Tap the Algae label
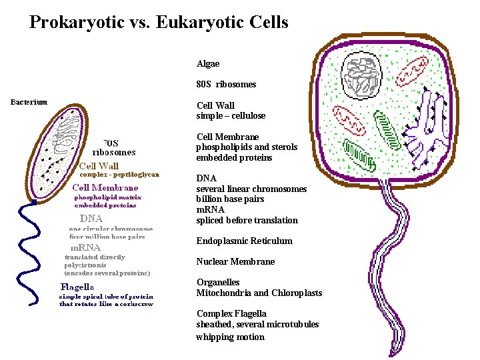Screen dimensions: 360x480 (x=208, y=64)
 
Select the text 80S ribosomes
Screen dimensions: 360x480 (x=226, y=85)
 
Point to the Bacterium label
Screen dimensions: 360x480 (x=29, y=102)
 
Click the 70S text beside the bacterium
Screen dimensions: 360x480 (x=111, y=143)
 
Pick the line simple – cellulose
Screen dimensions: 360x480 (x=231, y=116)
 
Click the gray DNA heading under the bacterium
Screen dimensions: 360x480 (x=91, y=218)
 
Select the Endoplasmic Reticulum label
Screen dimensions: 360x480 (x=244, y=241)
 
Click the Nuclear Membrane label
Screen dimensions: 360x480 (x=235, y=261)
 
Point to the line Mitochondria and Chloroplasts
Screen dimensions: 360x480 (x=259, y=293)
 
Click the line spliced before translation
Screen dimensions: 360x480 (x=247, y=220)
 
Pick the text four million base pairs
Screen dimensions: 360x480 (x=107, y=237)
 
